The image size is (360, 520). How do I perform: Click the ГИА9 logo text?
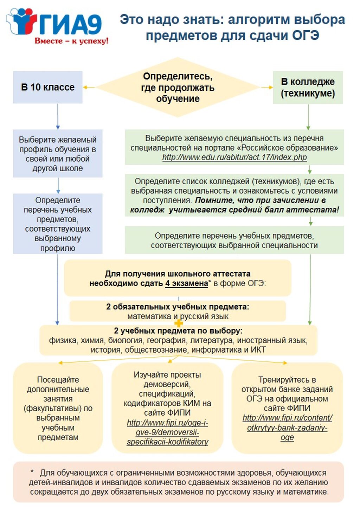[x=70, y=24]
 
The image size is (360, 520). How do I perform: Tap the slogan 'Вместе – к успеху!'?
[x=71, y=41]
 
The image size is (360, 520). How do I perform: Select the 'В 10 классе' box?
[x=48, y=87]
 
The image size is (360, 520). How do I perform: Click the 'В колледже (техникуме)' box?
[x=308, y=88]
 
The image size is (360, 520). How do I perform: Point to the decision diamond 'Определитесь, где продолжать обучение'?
[x=178, y=88]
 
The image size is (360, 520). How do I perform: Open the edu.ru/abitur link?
[x=234, y=157]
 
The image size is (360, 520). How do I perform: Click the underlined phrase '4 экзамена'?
[x=186, y=283]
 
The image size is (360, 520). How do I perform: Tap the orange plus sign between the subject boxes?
[x=179, y=323]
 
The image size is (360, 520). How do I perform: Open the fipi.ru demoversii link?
[x=167, y=432]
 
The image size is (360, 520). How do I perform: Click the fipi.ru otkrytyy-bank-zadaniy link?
[x=287, y=428]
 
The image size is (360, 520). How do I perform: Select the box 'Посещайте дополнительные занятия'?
[x=58, y=408]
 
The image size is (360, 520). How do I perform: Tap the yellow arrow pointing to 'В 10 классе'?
[x=89, y=87]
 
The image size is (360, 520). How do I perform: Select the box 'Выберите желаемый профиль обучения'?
[x=58, y=154]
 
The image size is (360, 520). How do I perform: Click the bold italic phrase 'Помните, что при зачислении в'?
[x=260, y=200]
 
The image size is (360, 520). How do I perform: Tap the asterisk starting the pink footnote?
[x=32, y=472]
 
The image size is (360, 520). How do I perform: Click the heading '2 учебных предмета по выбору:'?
[x=178, y=331]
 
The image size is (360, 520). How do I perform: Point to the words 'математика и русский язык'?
[x=178, y=316]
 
